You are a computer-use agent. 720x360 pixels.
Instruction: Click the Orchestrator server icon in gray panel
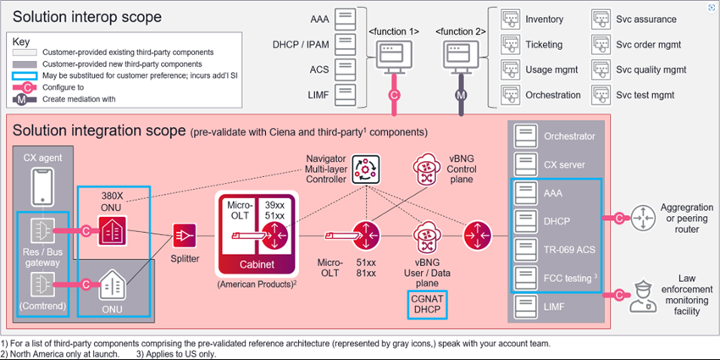coord(527,136)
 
